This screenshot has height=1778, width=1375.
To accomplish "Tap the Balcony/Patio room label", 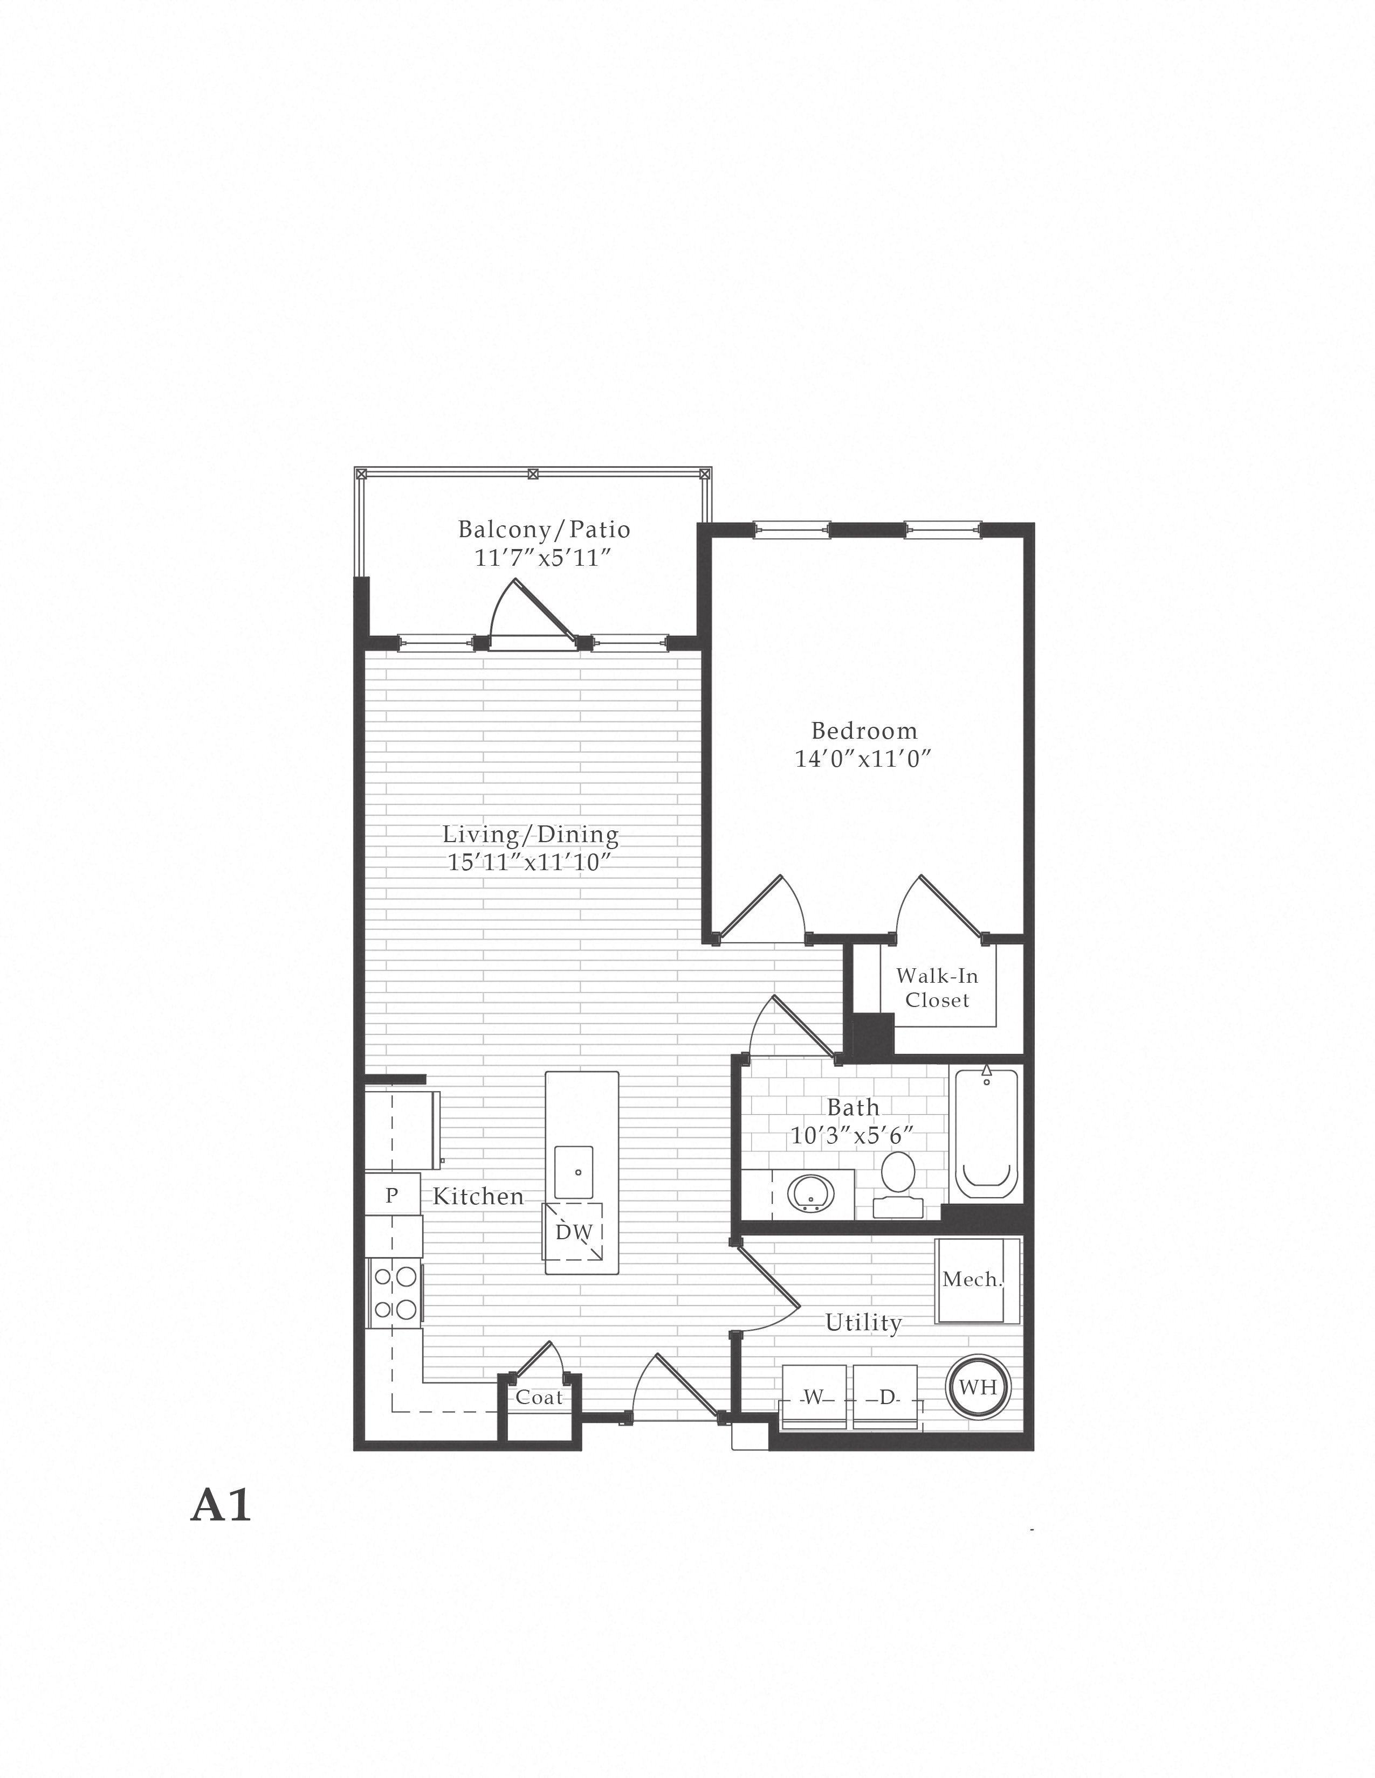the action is (x=544, y=530).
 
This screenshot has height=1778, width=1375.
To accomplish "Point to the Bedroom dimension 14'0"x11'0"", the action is (x=863, y=759).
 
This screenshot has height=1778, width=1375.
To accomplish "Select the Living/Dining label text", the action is (x=530, y=835).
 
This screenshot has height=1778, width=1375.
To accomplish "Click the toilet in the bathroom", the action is (x=898, y=1184).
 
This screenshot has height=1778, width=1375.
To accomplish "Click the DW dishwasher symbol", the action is (x=574, y=1232).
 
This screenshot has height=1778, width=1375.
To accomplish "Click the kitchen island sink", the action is (x=574, y=1172).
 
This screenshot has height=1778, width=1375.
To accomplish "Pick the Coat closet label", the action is (x=539, y=1398).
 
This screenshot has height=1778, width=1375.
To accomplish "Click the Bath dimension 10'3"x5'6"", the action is (x=852, y=1135).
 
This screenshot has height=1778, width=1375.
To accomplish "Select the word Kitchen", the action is (x=478, y=1196).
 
